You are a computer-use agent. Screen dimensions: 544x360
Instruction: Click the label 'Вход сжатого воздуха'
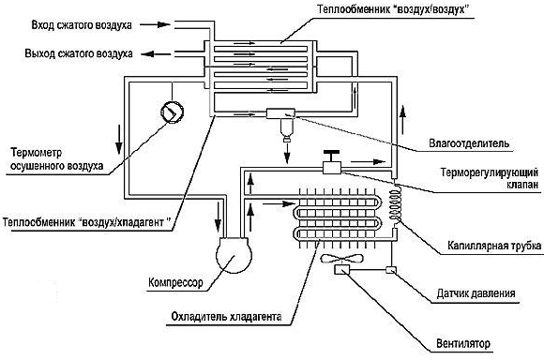click(x=82, y=25)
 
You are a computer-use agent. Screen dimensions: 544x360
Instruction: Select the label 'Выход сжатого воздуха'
click(x=79, y=53)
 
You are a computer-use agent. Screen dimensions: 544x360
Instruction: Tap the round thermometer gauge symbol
click(x=172, y=112)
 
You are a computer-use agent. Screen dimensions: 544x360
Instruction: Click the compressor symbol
click(x=234, y=255)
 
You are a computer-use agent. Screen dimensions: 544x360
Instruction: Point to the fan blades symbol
click(x=342, y=259)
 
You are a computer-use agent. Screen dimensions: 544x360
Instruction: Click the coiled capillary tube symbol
click(x=395, y=204)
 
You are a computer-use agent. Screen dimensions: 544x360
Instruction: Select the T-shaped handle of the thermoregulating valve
click(x=331, y=156)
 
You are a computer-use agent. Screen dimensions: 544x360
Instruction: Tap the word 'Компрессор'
click(x=175, y=283)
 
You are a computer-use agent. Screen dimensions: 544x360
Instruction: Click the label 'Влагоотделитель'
click(x=469, y=143)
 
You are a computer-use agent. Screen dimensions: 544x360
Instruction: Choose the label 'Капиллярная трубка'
click(x=494, y=246)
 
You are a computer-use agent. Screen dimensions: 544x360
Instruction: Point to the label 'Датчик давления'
click(x=476, y=293)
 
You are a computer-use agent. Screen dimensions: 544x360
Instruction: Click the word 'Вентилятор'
click(x=463, y=344)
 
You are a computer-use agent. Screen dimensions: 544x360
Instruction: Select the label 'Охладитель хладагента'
click(x=226, y=317)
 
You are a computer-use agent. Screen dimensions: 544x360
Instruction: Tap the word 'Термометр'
click(x=36, y=153)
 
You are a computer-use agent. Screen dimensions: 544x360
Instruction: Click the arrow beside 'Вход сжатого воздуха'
click(x=155, y=24)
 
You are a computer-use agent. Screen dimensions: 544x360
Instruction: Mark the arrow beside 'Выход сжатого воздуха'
click(x=156, y=54)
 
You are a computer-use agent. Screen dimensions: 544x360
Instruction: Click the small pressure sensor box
click(x=391, y=269)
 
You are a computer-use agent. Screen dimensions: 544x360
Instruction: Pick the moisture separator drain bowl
click(x=287, y=130)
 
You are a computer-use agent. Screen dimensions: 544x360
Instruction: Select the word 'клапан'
click(x=521, y=185)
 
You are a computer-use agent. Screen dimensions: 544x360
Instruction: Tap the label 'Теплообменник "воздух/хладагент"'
click(x=87, y=222)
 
